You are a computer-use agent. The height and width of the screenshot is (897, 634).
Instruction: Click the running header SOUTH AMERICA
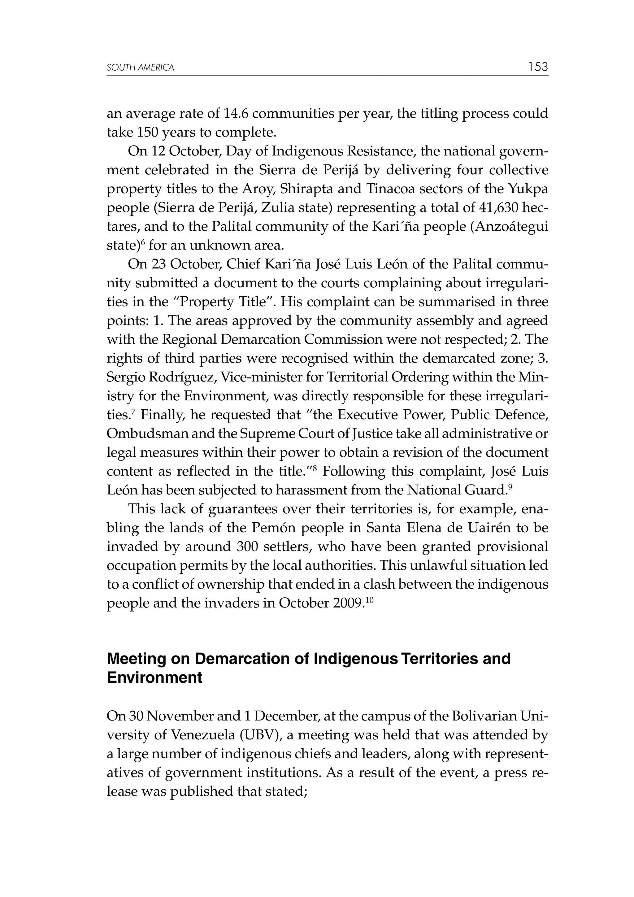point(140,68)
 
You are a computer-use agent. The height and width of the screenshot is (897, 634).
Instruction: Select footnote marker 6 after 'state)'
point(143,242)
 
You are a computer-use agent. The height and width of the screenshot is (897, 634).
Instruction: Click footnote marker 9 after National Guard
point(509,487)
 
